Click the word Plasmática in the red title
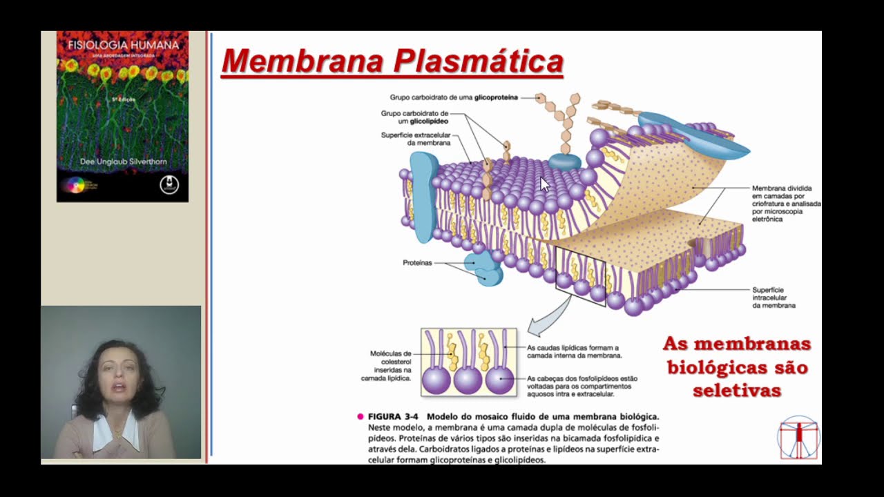(x=479, y=61)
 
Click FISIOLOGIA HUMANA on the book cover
(x=123, y=45)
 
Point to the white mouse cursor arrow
(x=544, y=184)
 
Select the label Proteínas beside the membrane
(x=417, y=263)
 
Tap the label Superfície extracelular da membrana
(x=416, y=139)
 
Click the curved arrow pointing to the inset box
(x=550, y=317)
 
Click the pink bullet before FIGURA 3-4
(x=361, y=417)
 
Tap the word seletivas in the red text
(x=736, y=391)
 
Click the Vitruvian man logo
(x=798, y=437)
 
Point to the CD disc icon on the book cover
(x=74, y=185)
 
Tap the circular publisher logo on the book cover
(x=169, y=185)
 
